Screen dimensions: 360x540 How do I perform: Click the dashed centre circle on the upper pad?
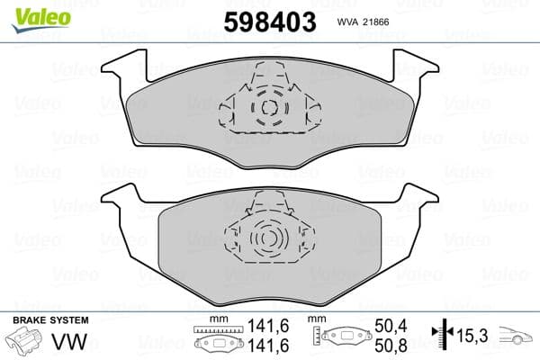point(267,109)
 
